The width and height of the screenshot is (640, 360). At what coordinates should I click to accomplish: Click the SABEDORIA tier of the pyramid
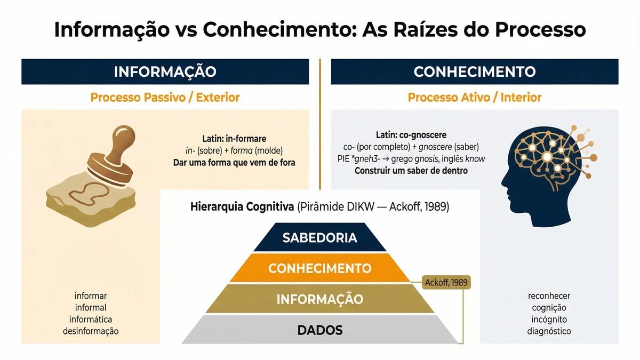pyautogui.click(x=320, y=237)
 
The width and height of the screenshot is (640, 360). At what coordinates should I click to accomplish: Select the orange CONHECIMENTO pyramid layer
pyautogui.click(x=320, y=268)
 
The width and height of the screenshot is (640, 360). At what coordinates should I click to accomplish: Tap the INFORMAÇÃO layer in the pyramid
pyautogui.click(x=320, y=299)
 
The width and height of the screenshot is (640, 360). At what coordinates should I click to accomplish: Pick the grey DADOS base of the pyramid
pyautogui.click(x=320, y=330)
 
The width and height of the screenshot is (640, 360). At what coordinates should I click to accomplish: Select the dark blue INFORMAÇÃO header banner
pyautogui.click(x=165, y=71)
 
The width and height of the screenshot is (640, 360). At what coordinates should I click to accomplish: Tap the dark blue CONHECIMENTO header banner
pyautogui.click(x=475, y=71)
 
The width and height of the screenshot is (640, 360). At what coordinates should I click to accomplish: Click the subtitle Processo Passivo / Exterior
pyautogui.click(x=165, y=98)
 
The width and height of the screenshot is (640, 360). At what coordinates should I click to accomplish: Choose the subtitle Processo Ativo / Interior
pyautogui.click(x=475, y=98)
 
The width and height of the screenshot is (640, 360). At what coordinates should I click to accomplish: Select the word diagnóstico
pyautogui.click(x=549, y=331)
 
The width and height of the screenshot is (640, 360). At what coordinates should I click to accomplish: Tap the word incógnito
pyautogui.click(x=549, y=319)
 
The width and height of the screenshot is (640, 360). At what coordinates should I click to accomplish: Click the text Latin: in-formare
pyautogui.click(x=234, y=139)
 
